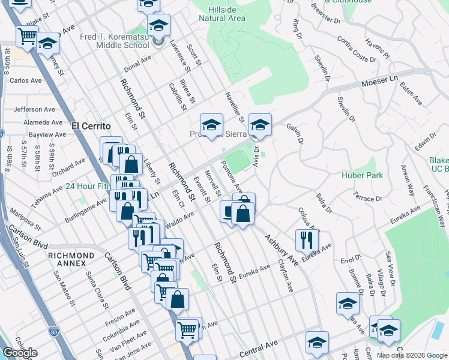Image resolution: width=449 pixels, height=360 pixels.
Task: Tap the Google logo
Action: (19, 353)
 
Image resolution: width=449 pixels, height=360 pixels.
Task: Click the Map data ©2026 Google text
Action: (412, 355)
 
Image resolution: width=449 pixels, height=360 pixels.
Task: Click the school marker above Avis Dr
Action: (260, 125)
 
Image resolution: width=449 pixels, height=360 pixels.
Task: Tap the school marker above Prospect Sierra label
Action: (211, 125)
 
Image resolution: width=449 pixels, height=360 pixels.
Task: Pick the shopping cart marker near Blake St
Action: (28, 38)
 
